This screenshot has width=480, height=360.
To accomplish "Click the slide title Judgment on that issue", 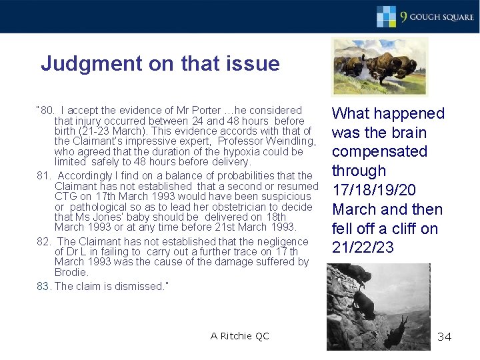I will pos(160,64).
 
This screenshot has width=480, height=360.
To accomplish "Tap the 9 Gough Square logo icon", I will pos(387,16).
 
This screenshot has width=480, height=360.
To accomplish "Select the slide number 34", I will pos(444,337).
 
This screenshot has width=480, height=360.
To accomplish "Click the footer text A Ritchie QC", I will pos(240,336).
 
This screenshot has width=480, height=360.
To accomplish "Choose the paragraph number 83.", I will pos(43,287).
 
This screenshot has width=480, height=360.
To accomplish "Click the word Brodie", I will pos(71,273).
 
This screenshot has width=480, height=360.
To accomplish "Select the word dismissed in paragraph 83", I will pos(138,287).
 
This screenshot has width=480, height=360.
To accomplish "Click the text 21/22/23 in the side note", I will pos(363,248).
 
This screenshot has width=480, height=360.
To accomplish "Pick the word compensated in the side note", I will pos(379,151).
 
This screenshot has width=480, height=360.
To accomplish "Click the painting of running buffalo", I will pos(379,67).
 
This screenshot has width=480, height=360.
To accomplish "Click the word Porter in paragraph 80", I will pos(196,111).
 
